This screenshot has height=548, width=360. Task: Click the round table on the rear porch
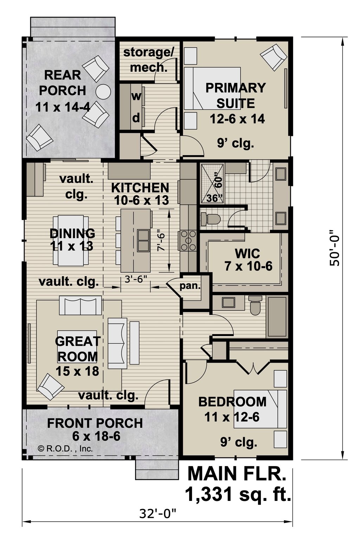pyautogui.click(x=103, y=92)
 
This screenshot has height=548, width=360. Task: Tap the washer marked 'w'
pyautogui.click(x=136, y=96)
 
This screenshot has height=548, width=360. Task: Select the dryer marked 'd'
pyautogui.click(x=136, y=118)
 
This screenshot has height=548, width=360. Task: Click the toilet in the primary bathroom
pyautogui.click(x=211, y=219)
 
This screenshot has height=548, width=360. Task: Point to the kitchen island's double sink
pyautogui.click(x=143, y=241)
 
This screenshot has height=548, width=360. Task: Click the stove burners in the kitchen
pyautogui.click(x=188, y=241)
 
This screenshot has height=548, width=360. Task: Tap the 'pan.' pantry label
pyautogui.click(x=190, y=286)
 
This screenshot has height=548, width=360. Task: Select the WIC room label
pyautogui.click(x=248, y=254)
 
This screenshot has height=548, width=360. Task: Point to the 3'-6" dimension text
pyautogui.click(x=136, y=279)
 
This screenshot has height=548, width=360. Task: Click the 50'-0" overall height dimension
pyautogui.click(x=334, y=248)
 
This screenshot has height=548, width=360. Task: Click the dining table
pyautogui.click(x=71, y=241)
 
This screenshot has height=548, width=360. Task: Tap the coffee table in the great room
pyautogui.click(x=77, y=346)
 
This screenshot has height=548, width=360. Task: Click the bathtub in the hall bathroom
pyautogui.click(x=277, y=317)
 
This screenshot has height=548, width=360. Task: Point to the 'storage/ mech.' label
pyautogui.click(x=149, y=59)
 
